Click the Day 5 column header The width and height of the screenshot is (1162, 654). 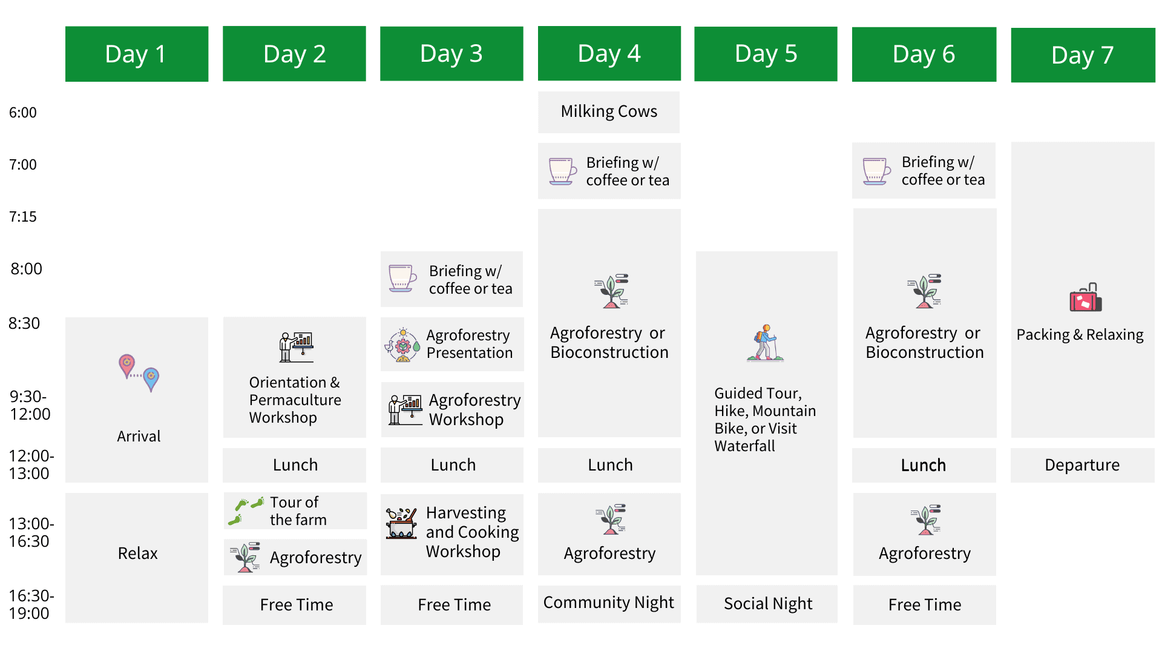click(766, 54)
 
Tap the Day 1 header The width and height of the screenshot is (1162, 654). click(137, 54)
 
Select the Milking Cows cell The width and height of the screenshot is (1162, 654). click(609, 112)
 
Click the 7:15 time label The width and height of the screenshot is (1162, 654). click(23, 216)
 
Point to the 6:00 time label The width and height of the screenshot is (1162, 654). click(23, 112)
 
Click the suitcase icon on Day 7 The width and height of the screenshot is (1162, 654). click(1086, 297)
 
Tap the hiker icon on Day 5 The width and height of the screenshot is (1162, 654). click(766, 343)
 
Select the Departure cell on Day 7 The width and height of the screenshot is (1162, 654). click(1083, 465)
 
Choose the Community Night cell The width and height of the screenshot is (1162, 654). click(609, 603)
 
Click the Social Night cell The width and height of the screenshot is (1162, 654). click(767, 604)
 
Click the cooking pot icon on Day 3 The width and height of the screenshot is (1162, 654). click(401, 523)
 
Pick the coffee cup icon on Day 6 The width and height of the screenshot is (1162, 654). click(876, 171)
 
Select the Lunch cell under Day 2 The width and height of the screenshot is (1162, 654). click(295, 465)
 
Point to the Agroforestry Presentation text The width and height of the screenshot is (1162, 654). click(469, 344)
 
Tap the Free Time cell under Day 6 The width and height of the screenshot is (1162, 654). click(925, 604)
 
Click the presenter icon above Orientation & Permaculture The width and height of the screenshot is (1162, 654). click(296, 347)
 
